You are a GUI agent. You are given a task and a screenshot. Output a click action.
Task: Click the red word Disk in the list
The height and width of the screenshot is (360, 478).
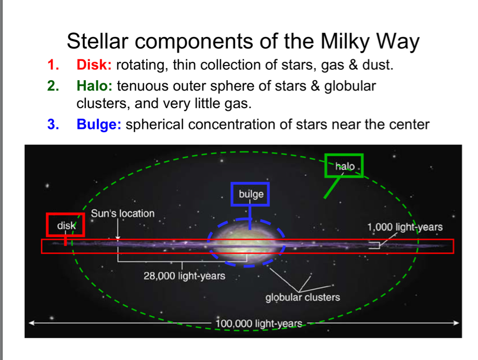tap(94, 65)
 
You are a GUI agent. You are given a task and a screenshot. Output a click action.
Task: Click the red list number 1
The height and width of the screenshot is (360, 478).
tap(53, 65)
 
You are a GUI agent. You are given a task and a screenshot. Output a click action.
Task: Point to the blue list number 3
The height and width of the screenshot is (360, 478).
tap(53, 124)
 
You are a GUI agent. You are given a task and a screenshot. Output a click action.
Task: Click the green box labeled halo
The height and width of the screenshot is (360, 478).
tap(344, 155)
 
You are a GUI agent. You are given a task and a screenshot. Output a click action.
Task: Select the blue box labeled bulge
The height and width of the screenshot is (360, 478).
tap(250, 183)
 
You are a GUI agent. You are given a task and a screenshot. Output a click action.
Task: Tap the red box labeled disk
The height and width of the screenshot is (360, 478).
tap(66, 214)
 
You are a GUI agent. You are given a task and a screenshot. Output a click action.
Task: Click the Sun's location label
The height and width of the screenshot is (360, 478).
tap(123, 213)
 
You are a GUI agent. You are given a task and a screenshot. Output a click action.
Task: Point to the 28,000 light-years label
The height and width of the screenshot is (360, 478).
tap(185, 276)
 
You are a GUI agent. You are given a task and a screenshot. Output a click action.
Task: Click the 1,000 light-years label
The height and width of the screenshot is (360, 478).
tap(405, 227)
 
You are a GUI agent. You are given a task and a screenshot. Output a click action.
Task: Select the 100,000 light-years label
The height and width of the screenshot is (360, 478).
tap(259, 324)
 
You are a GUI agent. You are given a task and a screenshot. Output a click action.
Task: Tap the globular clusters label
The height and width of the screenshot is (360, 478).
tap(302, 297)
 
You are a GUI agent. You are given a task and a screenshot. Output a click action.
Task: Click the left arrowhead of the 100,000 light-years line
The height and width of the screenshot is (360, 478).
tap(31, 323)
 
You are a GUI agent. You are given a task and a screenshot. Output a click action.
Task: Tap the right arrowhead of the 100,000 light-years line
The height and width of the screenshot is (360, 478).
tap(456, 323)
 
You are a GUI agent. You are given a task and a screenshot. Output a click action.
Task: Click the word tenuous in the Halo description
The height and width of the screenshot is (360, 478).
tap(143, 86)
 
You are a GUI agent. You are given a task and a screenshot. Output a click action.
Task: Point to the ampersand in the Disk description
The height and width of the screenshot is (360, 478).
tap(353, 65)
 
